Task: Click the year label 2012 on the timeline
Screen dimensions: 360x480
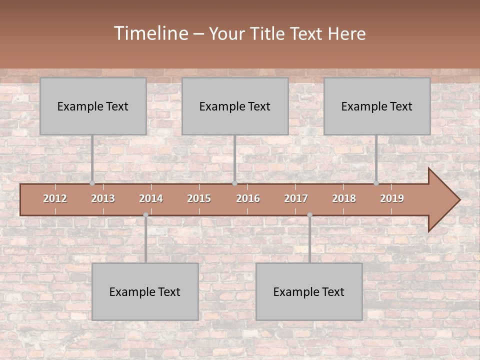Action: click(55, 198)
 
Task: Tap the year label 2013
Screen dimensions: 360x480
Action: click(103, 198)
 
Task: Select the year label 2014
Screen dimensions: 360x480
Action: click(151, 198)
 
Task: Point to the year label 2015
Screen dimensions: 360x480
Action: click(199, 198)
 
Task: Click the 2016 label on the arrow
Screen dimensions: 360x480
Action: click(248, 198)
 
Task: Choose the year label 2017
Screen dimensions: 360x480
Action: click(296, 198)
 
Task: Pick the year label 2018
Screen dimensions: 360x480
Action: click(344, 198)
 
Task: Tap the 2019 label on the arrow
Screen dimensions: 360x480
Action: click(392, 198)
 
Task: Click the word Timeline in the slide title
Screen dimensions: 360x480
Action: click(150, 33)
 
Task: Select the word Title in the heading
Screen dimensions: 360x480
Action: click(268, 34)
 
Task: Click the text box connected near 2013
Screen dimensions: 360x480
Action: click(93, 106)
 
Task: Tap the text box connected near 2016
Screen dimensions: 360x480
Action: click(235, 106)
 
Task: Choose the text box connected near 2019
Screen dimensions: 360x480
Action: click(377, 106)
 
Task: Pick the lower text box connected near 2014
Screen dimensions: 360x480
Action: click(145, 291)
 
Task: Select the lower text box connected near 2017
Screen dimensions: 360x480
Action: click(309, 291)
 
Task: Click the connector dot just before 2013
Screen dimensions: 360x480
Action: click(92, 183)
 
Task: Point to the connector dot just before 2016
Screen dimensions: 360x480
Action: click(234, 183)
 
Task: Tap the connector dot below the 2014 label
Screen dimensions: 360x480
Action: click(145, 215)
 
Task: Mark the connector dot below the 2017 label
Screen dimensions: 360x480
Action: click(309, 215)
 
